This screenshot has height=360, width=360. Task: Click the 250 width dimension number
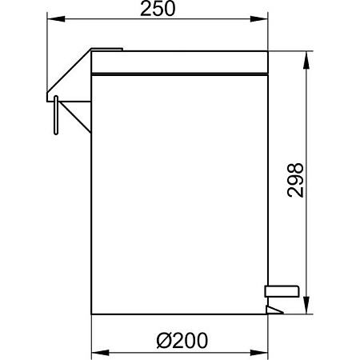pos(158,9)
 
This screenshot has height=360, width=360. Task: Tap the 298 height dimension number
pos(295,180)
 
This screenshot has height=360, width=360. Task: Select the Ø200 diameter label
pos(182,340)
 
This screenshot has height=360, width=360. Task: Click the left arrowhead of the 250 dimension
pos(56,19)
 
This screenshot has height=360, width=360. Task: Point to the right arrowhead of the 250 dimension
pos(259,19)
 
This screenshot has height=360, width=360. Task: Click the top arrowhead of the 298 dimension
pos(306,59)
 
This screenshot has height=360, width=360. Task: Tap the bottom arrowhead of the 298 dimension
pos(306,306)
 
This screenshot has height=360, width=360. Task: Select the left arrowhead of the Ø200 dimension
pos(100,353)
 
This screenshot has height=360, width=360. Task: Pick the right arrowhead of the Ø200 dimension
pos(259,353)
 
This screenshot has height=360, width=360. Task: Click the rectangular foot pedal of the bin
pos(282,291)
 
